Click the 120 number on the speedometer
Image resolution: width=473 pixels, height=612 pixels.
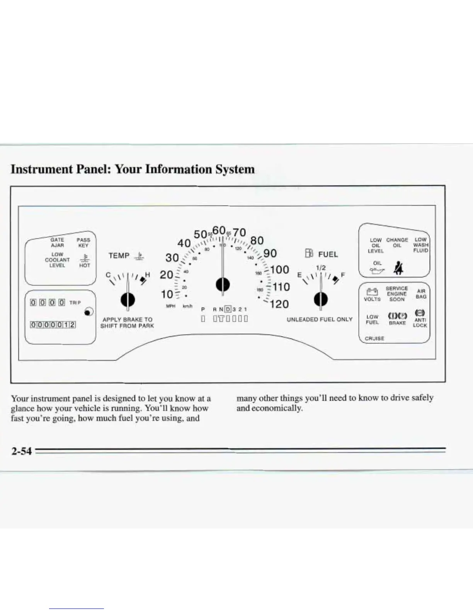(279, 304)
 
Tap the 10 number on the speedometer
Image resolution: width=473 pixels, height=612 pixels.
(167, 294)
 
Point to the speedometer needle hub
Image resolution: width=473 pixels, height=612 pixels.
(223, 285)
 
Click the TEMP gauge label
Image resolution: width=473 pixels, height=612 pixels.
(119, 256)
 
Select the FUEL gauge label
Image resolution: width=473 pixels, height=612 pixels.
(328, 255)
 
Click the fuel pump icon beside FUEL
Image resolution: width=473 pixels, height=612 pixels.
(309, 253)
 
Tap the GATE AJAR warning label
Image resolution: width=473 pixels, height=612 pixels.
(57, 243)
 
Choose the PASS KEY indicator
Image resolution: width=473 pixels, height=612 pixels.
(83, 243)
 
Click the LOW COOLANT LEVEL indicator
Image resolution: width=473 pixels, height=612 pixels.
(57, 260)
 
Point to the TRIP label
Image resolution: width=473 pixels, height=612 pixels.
(75, 303)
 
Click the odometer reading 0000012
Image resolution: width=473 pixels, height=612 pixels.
(53, 325)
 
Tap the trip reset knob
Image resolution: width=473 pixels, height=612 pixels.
(88, 311)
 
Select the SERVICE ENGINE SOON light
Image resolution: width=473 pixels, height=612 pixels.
(397, 294)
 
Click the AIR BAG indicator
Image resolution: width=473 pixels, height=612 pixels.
(421, 294)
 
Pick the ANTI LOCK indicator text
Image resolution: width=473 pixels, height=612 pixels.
(420, 323)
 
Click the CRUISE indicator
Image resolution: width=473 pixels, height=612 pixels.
(374, 338)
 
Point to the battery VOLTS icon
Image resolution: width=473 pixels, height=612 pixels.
(372, 292)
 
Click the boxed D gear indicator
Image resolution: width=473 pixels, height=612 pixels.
(228, 309)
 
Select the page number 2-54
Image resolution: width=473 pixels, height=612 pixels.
(21, 451)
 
